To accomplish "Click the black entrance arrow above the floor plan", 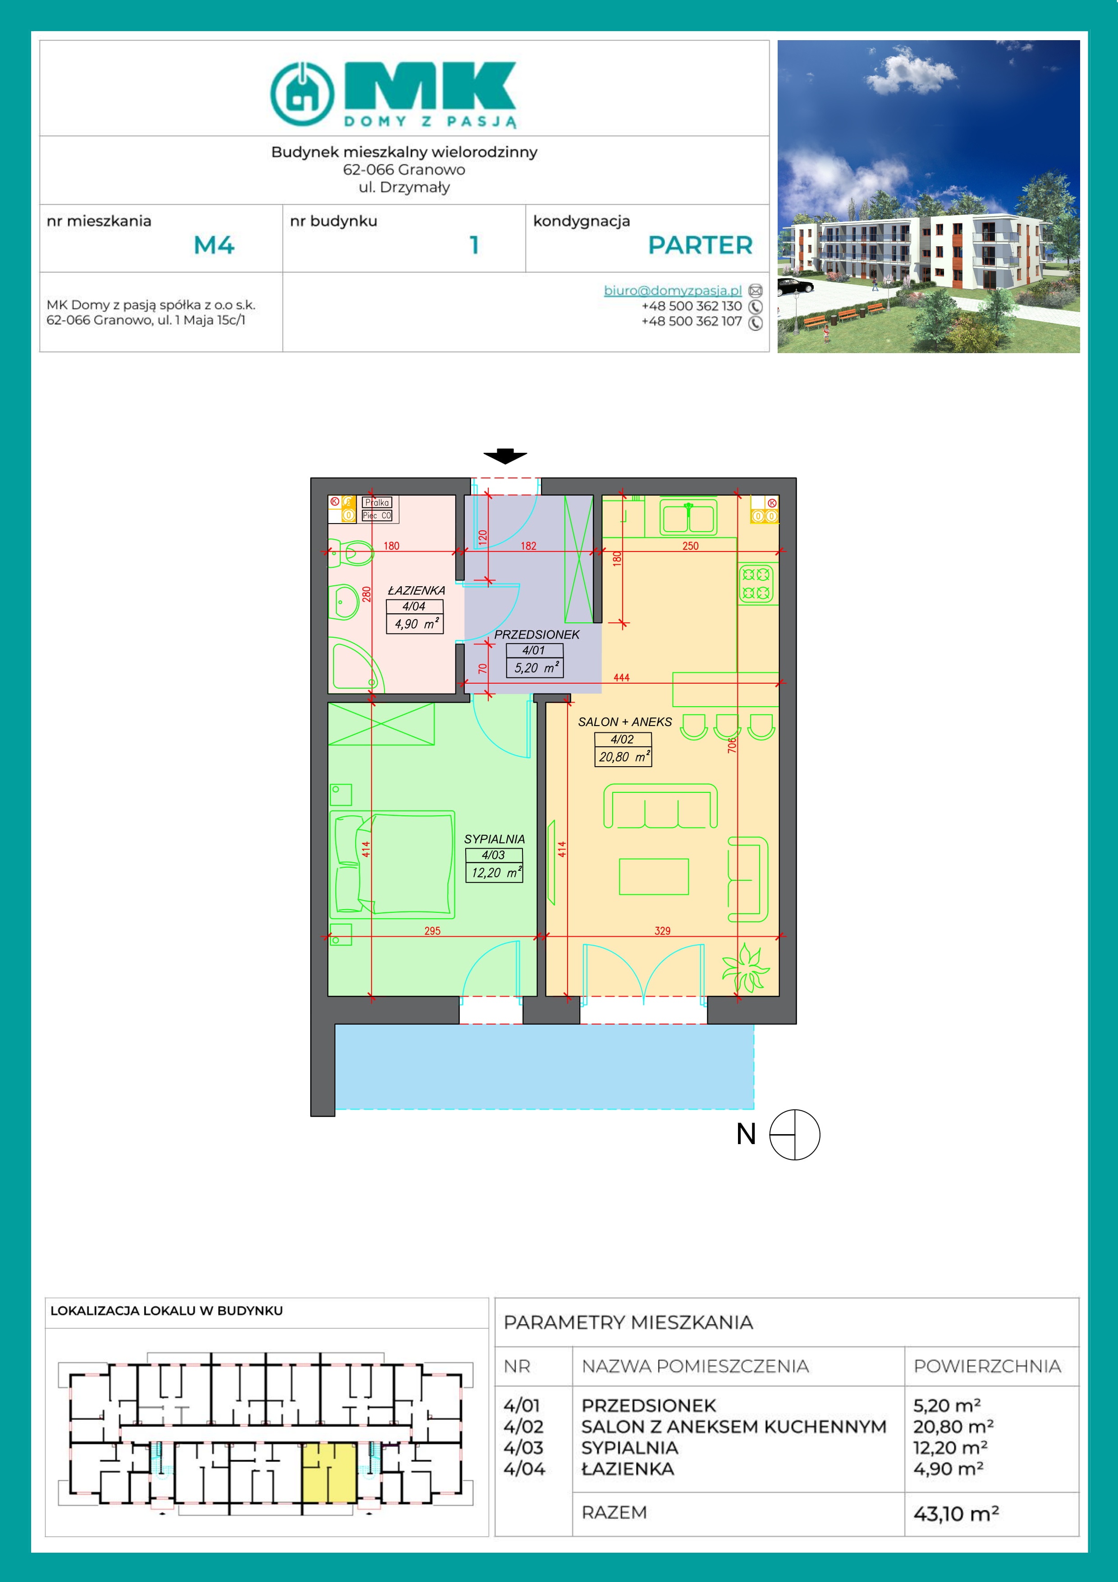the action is [x=505, y=456].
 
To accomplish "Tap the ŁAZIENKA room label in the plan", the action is [x=416, y=590].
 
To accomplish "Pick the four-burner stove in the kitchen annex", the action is [x=756, y=584].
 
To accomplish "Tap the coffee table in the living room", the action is [x=654, y=876].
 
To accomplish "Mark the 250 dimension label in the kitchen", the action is [x=690, y=546].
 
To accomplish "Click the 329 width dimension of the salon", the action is [x=662, y=931].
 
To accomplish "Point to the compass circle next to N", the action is [x=794, y=1135].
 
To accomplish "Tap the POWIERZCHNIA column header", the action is [x=987, y=1366].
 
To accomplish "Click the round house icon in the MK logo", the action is [x=302, y=94].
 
